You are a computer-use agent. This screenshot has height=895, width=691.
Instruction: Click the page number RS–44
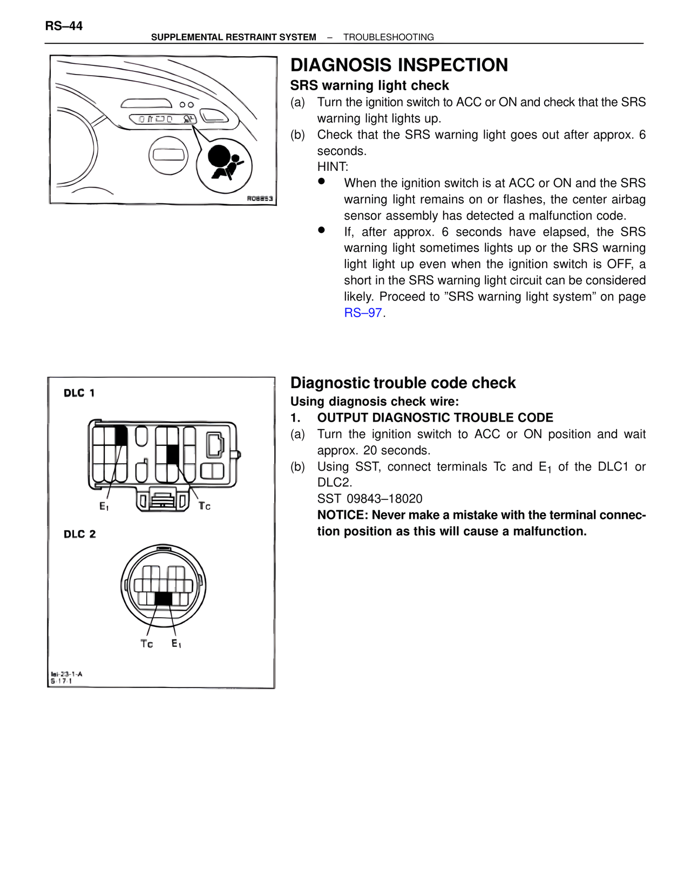64,26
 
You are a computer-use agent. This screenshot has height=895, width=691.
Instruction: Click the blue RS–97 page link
363,313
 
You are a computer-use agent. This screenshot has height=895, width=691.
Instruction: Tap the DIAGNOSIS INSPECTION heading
399,65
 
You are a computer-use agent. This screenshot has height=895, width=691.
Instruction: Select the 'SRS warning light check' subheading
369,85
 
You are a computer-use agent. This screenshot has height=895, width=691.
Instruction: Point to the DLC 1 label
79,393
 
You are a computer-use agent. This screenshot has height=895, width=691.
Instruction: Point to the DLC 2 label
79,534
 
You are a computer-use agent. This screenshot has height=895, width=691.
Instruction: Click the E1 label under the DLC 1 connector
104,506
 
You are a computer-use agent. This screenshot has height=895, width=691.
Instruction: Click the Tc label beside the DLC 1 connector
204,506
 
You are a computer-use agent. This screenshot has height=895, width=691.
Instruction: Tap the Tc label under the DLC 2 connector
146,644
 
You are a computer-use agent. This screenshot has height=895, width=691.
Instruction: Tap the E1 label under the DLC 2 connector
176,643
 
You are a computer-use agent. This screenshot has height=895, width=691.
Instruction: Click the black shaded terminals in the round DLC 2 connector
164,598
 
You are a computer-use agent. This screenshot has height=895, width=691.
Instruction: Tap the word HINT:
333,167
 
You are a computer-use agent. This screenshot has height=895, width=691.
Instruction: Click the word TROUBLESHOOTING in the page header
388,37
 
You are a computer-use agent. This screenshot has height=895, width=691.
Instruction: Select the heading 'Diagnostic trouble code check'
403,383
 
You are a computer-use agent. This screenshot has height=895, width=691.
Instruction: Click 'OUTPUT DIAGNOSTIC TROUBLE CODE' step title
435,418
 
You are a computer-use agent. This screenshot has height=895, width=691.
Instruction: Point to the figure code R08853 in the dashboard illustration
260,198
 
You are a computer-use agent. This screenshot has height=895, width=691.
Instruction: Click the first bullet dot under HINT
322,182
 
